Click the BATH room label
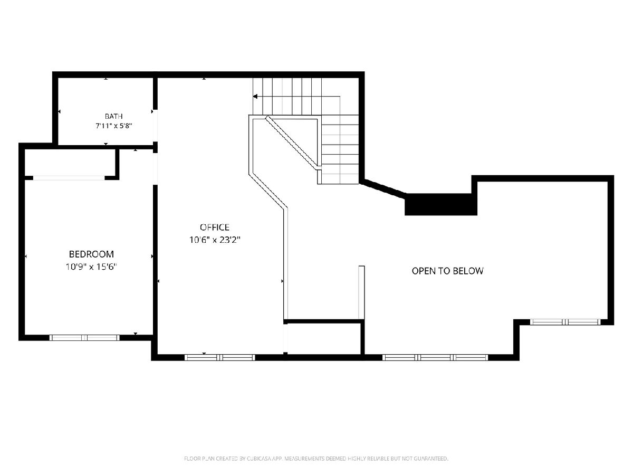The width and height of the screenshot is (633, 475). [x=113, y=116]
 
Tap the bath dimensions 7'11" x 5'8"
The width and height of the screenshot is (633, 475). [x=113, y=126]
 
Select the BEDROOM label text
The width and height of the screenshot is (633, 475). [x=91, y=254]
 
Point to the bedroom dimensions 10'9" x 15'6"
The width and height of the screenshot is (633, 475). [x=91, y=267]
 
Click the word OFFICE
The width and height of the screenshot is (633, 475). [x=215, y=227]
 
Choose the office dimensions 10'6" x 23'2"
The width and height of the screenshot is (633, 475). [x=215, y=240]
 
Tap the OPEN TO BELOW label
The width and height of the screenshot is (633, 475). [x=447, y=271]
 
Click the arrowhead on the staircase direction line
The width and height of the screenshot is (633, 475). [x=255, y=97]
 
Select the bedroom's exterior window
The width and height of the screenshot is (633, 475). [x=84, y=338]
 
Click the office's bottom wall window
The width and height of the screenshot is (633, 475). [x=219, y=358]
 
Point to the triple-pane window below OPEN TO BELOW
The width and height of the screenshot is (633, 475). [x=435, y=358]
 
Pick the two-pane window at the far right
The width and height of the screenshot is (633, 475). [x=565, y=322]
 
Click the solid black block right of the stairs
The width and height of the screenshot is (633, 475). [x=441, y=204]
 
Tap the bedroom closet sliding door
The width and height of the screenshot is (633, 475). [x=69, y=178]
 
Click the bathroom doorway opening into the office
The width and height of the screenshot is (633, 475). [x=155, y=126]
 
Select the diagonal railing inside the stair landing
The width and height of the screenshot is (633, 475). [x=291, y=141]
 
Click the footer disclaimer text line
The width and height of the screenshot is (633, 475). [x=316, y=458]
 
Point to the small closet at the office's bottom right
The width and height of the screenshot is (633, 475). [x=324, y=338]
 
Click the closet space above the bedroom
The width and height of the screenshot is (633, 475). [x=70, y=162]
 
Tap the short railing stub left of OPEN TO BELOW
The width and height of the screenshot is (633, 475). [x=361, y=292]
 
